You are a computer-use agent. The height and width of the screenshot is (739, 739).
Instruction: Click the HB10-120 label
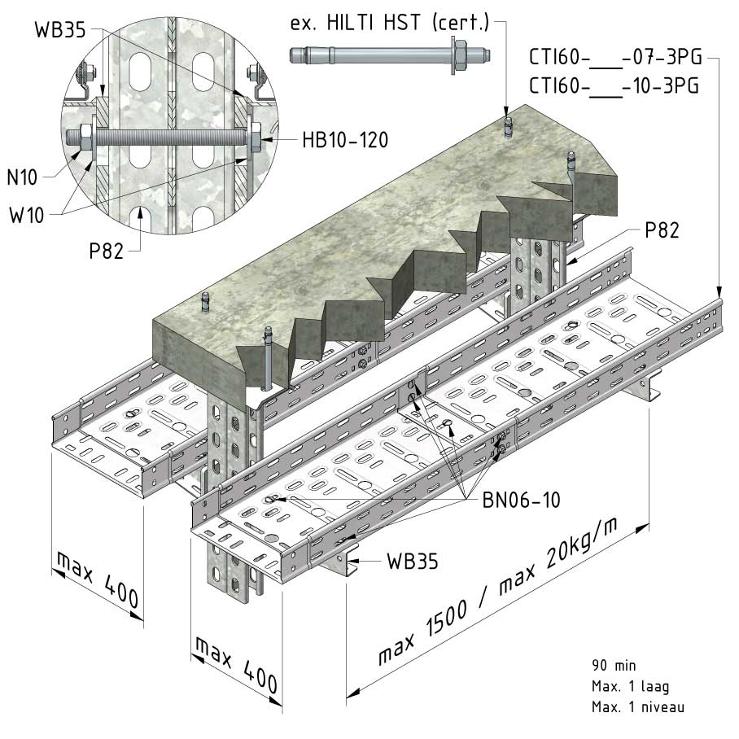[345, 140]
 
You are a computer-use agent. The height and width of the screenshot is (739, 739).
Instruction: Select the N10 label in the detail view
[22, 177]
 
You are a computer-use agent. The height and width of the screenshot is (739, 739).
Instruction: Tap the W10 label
[26, 215]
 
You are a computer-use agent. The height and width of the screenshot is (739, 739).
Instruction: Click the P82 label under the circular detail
[106, 251]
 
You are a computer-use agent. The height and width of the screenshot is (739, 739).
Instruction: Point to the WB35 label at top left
[60, 29]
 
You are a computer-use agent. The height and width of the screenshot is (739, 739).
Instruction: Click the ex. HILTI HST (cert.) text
[390, 23]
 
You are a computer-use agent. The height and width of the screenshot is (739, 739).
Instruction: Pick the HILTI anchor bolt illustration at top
[390, 55]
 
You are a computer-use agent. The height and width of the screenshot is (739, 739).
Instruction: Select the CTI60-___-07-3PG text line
[615, 57]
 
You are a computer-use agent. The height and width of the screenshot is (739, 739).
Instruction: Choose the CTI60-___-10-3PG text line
[614, 86]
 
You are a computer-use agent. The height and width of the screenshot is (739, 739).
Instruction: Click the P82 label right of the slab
[662, 230]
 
